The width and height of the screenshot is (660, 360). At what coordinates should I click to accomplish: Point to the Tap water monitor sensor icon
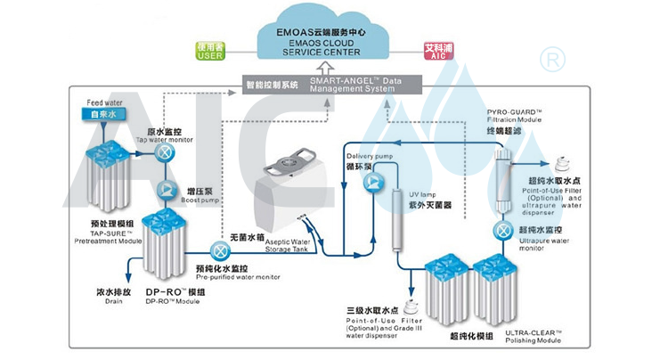[166, 153]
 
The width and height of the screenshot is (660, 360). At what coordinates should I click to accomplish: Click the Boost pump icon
[166, 190]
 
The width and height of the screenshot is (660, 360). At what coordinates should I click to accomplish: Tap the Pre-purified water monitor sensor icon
[218, 250]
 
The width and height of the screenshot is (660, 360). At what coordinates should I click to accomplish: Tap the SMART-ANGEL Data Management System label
[351, 86]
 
